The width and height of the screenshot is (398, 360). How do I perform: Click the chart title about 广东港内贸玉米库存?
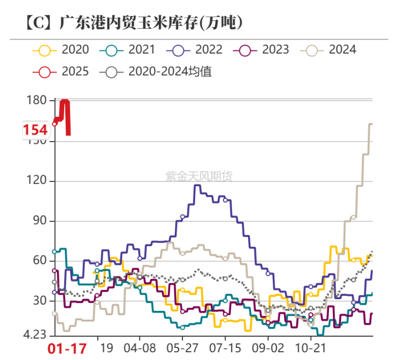134,23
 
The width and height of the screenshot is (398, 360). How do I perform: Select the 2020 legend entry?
61,50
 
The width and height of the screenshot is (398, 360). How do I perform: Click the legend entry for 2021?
127,50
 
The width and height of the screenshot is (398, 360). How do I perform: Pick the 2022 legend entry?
194,50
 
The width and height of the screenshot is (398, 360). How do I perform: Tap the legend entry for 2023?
261,50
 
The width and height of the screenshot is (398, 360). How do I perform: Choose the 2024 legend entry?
328,50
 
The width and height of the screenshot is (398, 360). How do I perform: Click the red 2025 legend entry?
61,72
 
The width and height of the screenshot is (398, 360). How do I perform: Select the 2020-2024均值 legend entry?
155,72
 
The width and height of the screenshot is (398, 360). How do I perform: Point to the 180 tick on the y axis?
36,100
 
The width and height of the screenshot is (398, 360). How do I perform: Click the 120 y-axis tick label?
36,180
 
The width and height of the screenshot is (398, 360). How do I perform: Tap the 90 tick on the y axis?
40,220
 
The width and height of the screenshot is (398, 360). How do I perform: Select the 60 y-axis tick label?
40,260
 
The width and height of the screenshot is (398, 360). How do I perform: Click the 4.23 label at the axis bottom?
35,335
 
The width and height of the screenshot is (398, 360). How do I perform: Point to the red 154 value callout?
35,130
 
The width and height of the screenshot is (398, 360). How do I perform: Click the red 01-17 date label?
67,348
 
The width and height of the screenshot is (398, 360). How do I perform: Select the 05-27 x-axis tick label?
182,348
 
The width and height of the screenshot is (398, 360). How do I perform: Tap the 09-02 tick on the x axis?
268,348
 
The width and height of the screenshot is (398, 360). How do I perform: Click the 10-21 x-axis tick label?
311,348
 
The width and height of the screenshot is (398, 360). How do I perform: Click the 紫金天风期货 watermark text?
199,176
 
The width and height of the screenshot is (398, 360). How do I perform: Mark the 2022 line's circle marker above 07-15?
225,200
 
